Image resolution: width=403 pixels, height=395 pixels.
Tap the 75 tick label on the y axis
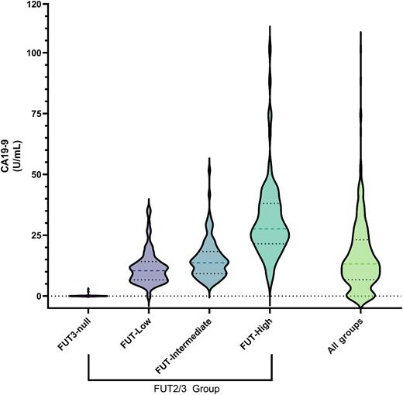click(35, 114)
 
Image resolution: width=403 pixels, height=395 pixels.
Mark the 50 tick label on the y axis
click(35, 174)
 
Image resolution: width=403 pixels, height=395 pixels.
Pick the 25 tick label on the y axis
click(35, 235)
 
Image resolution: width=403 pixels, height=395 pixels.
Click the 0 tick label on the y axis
click(38, 296)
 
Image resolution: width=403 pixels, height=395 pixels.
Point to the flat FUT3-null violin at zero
click(88, 295)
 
